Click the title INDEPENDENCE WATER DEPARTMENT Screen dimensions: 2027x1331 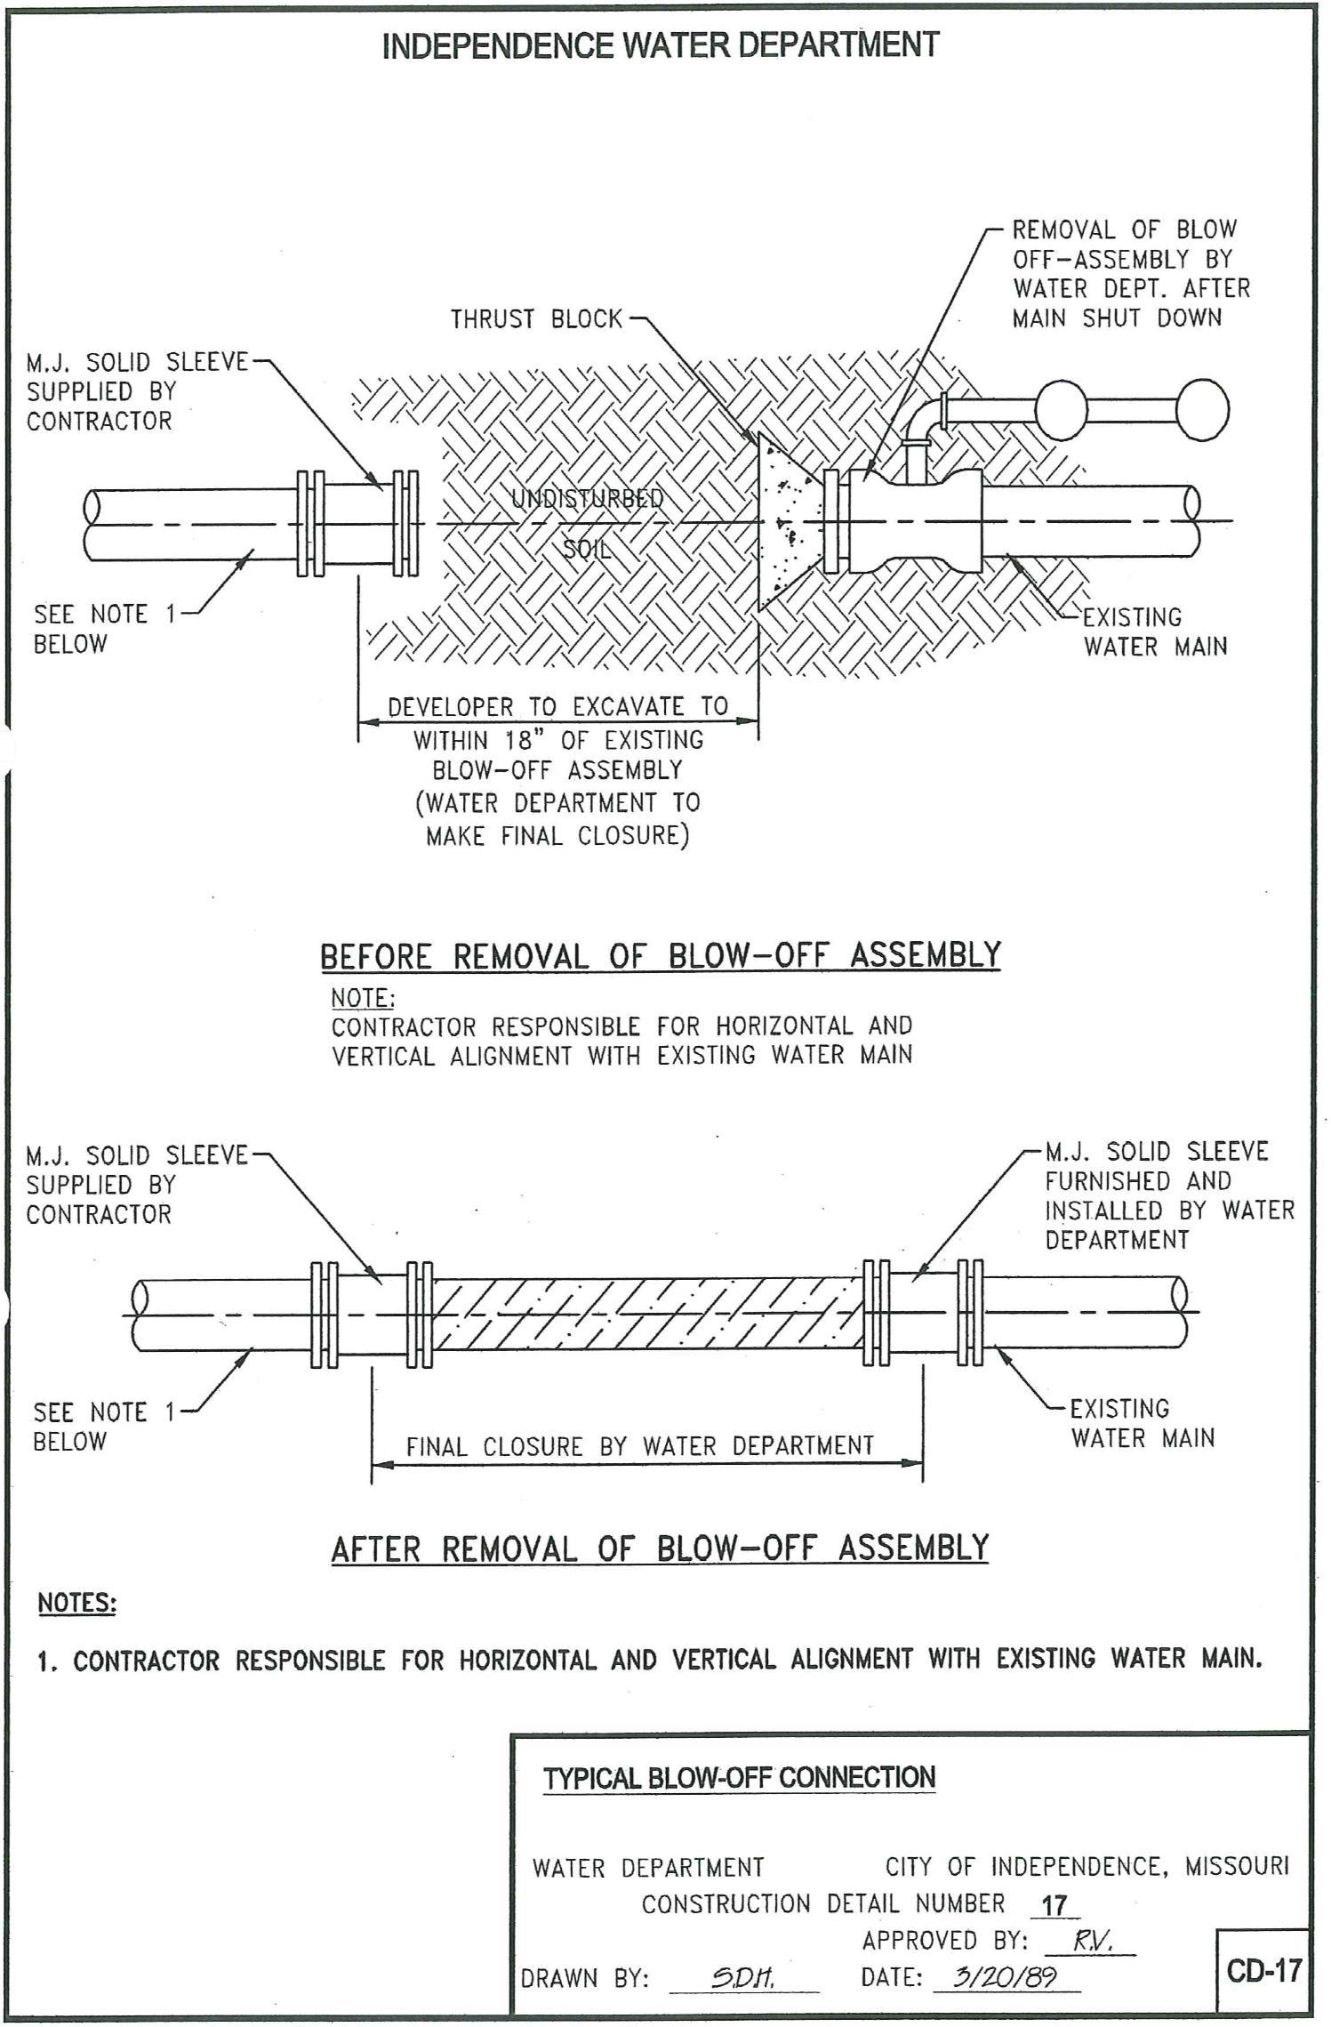click(x=660, y=44)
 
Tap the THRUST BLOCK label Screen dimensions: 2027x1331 click(x=536, y=318)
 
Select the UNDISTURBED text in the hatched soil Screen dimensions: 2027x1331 click(x=587, y=498)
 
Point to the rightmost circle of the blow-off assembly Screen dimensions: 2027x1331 click(x=1202, y=410)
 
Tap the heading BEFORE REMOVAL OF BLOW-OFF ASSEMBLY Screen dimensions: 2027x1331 click(x=660, y=955)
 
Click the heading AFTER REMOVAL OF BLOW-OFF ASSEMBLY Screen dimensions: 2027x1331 click(x=660, y=1548)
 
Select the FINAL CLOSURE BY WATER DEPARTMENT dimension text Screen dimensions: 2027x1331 click(x=639, y=1446)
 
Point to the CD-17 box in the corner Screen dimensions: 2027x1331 click(x=1263, y=1970)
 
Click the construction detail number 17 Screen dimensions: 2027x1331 click(x=1054, y=1905)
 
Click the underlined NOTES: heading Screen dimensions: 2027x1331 click(x=76, y=1603)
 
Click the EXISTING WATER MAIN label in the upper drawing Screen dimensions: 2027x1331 click(x=1154, y=631)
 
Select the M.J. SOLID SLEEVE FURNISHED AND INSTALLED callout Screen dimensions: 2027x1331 click(x=1168, y=1195)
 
